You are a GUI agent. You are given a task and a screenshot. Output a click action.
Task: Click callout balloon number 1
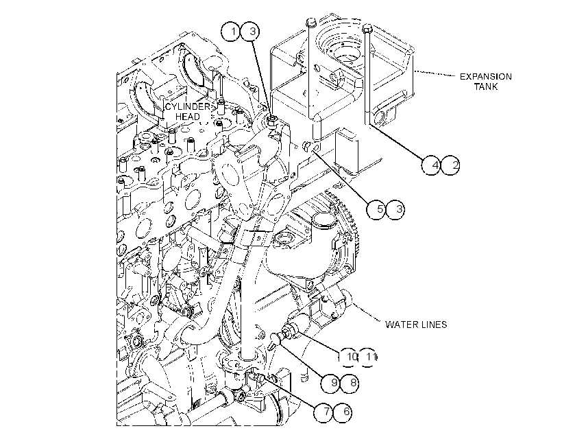[x=231, y=32]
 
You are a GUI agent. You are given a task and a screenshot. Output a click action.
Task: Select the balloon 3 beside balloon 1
[x=251, y=32]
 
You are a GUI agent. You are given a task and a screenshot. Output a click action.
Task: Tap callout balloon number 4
[x=431, y=165]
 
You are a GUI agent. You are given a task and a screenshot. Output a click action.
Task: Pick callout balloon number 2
[x=450, y=165]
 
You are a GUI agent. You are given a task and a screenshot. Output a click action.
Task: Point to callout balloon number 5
[x=376, y=209]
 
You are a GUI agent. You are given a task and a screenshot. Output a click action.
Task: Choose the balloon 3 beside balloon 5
[x=395, y=209]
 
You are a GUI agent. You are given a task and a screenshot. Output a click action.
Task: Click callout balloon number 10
[x=349, y=357]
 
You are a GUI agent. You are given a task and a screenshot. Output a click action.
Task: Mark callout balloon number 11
[x=368, y=357]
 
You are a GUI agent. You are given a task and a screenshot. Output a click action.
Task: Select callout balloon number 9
[x=330, y=383]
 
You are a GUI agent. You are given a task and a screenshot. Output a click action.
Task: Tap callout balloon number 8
[x=350, y=383]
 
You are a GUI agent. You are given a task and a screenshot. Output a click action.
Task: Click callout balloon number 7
[x=323, y=412]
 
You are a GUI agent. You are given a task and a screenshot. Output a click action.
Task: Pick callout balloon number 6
[x=343, y=412]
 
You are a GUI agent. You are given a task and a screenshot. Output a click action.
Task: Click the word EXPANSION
[x=486, y=76]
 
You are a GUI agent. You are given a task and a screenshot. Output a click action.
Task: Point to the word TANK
[x=486, y=86]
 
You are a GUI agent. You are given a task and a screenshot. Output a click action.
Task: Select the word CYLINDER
[x=188, y=106]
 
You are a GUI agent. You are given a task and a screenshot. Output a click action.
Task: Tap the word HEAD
[x=188, y=117]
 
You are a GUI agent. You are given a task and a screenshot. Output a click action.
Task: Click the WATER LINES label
[x=416, y=325]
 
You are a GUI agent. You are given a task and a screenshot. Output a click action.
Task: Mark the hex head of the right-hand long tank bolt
[x=368, y=28]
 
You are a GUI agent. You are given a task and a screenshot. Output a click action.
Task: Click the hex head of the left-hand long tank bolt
[x=310, y=22]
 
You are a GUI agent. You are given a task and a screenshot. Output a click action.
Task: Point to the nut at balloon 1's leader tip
[x=272, y=121]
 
